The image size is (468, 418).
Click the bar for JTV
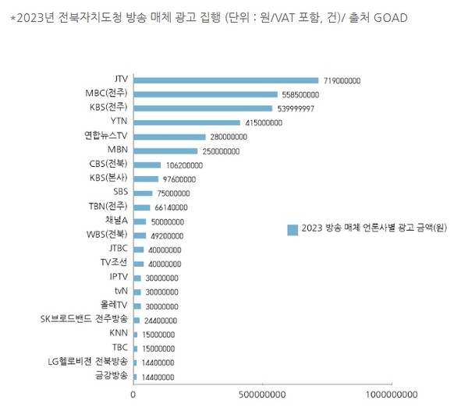coord(226,80)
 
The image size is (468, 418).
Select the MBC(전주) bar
coord(205,94)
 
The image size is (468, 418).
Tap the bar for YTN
coord(187,122)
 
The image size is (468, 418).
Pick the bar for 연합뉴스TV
coord(169,136)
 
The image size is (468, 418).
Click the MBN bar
coord(165,151)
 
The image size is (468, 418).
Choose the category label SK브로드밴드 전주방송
coord(85,319)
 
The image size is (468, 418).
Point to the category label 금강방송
coord(112,376)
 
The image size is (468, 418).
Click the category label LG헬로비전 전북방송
coord(87,361)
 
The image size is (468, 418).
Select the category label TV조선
coord(114,263)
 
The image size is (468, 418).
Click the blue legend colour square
coord(292,229)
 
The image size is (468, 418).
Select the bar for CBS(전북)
coord(147,165)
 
